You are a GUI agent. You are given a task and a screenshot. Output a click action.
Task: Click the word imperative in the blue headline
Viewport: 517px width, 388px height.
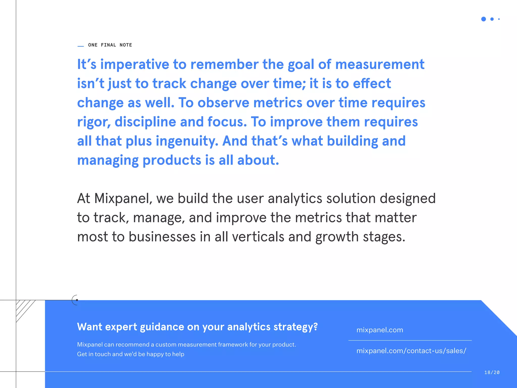coord(135,64)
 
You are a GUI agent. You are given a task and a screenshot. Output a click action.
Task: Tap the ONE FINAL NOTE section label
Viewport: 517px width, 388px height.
coord(110,45)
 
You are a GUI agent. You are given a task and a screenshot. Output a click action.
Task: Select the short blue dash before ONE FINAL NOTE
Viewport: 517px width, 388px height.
coord(81,46)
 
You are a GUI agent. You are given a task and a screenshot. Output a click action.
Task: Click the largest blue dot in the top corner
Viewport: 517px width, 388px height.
coord(483,19)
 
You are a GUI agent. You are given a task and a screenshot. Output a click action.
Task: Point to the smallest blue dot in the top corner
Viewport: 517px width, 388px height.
coord(499,19)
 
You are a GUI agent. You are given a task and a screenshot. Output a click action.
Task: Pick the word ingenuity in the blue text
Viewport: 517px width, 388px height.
coord(187,141)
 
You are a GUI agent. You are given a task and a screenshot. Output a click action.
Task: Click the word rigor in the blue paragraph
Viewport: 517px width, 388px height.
coord(94,122)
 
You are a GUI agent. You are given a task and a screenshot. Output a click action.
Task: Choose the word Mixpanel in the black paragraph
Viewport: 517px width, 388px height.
coord(123,198)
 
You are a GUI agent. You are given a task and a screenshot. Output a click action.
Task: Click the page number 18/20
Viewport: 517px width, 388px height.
coord(492,372)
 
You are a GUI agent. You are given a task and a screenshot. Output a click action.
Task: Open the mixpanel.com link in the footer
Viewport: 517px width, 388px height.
coord(380,330)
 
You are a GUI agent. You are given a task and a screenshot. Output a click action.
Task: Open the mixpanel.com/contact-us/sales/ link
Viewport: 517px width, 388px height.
coord(411,351)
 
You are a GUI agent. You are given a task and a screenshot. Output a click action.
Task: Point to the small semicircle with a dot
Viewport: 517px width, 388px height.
coord(75,300)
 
